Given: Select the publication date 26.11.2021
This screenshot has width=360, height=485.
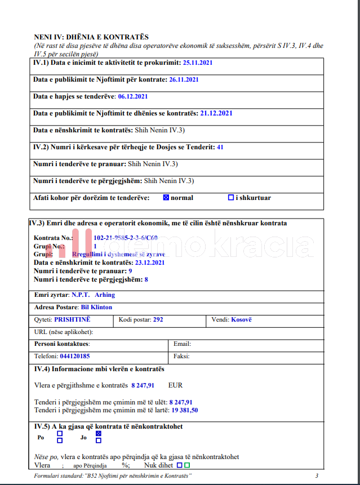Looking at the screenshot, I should pyautogui.click(x=184, y=79).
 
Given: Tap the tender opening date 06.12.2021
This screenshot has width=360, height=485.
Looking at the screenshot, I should pyautogui.click(x=133, y=96).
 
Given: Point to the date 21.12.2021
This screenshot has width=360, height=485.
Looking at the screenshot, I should pyautogui.click(x=216, y=113).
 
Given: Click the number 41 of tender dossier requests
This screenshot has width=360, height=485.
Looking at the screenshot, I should pyautogui.click(x=220, y=147).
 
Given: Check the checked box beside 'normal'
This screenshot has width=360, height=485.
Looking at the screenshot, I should pyautogui.click(x=166, y=198).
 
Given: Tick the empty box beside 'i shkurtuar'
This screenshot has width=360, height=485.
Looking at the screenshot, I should pyautogui.click(x=231, y=198).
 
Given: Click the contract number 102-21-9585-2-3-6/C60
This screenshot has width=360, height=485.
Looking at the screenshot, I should pyautogui.click(x=126, y=238).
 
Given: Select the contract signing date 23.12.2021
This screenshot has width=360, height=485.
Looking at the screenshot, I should pyautogui.click(x=150, y=262).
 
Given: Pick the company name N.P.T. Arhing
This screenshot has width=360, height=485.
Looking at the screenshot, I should pyautogui.click(x=93, y=295).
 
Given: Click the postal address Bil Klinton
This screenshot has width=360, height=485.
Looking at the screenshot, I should pyautogui.click(x=96, y=307).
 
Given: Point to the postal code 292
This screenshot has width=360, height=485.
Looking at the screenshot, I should pyautogui.click(x=158, y=319).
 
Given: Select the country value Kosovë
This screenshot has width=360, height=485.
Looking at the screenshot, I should pyautogui.click(x=241, y=319).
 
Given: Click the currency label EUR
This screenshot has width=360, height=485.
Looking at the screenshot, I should pyautogui.click(x=175, y=385).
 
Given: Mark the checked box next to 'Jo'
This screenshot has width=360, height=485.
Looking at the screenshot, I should pyautogui.click(x=99, y=434).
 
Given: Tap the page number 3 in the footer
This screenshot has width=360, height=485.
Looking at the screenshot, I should pyautogui.click(x=317, y=476).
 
